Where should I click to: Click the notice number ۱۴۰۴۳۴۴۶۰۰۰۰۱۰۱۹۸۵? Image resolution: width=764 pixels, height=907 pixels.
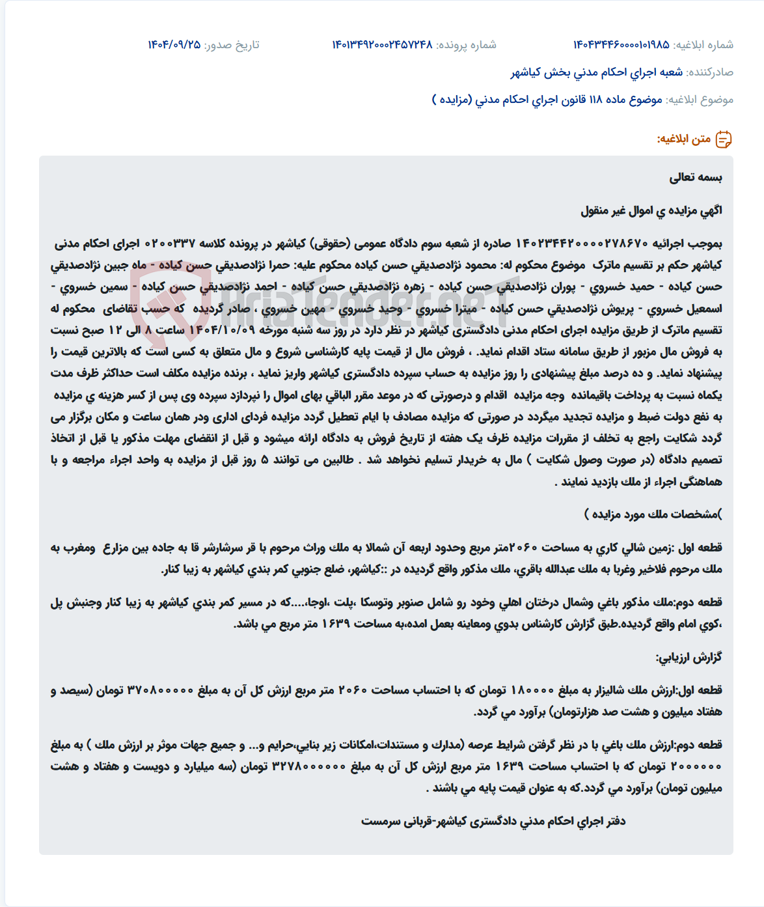(621, 45)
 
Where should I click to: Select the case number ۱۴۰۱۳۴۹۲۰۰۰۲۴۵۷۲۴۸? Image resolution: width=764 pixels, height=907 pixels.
(382, 45)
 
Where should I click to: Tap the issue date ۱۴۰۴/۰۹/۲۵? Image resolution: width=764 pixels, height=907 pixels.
(174, 45)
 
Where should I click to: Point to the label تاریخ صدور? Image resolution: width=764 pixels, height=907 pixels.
(232, 45)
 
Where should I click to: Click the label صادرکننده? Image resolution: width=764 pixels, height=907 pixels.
(710, 72)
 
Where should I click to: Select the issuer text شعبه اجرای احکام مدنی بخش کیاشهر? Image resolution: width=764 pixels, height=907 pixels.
(596, 72)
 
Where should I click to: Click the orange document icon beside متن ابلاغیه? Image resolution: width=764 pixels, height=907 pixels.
(724, 139)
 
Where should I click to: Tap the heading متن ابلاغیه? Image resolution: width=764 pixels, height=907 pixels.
(683, 139)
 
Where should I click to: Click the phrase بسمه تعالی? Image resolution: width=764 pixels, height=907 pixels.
(696, 177)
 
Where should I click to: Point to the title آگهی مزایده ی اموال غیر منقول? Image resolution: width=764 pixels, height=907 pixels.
(651, 210)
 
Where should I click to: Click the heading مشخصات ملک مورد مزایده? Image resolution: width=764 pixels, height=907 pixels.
(653, 514)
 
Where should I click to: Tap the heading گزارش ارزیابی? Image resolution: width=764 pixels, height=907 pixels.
(689, 657)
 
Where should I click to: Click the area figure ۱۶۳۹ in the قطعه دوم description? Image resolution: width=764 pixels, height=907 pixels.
(336, 624)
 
